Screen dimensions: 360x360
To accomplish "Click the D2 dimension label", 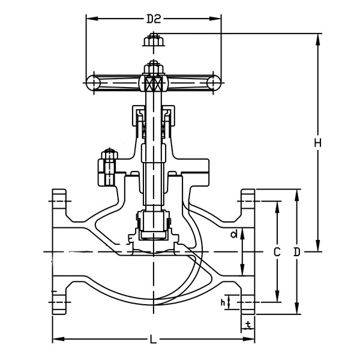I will point(154,19).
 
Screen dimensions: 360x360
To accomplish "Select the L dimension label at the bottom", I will point(154,340).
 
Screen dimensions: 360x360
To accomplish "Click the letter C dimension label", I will point(277,253).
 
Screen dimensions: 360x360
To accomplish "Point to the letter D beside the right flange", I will point(296,253).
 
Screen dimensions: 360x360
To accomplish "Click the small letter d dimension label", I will point(235,233).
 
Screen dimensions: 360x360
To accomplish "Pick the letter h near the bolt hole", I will point(223,302).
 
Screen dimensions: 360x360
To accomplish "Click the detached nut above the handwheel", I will point(153,41).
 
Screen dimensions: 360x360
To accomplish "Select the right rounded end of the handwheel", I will point(214,82).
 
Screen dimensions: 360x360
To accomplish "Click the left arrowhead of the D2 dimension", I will point(89,19).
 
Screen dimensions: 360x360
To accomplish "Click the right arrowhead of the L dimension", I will point(251,340).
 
